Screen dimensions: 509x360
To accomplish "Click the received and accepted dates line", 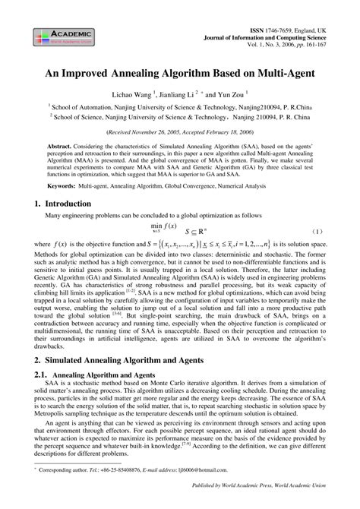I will pos(180,130).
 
